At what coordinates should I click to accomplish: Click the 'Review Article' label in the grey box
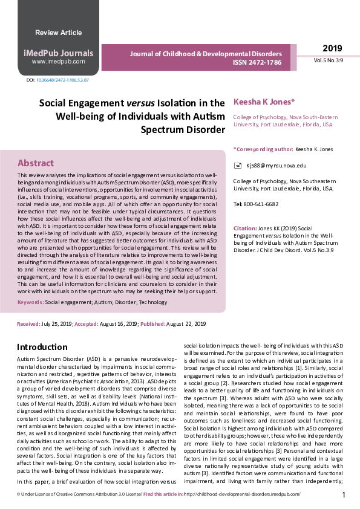tap(58, 33)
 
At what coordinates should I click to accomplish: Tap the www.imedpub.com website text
tap(58, 62)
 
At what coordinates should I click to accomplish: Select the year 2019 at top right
tap(332, 48)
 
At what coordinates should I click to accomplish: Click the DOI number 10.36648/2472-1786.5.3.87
tap(62, 80)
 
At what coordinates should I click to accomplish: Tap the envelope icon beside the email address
tap(238, 165)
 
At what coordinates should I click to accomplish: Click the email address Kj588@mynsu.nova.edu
tap(276, 165)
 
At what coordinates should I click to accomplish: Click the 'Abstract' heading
tap(35, 163)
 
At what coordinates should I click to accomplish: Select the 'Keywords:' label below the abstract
tap(30, 302)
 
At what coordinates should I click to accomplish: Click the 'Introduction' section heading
tap(42, 347)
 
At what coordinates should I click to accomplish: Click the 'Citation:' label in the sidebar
tap(245, 229)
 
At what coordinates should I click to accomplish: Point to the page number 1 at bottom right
tap(344, 495)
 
